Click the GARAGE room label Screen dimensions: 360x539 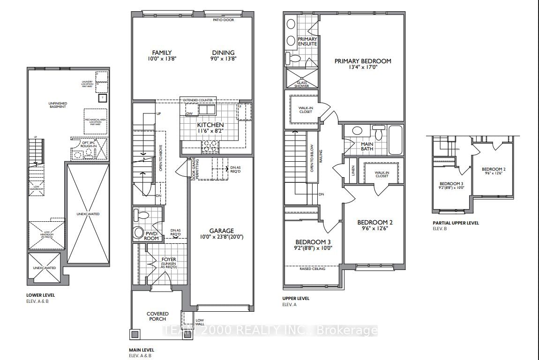(222, 231)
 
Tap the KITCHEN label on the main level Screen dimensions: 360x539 (210, 125)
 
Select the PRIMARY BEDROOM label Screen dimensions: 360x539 (362, 61)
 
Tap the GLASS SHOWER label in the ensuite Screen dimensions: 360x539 (301, 84)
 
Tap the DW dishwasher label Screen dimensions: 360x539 (189, 113)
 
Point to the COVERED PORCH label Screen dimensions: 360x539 (157, 316)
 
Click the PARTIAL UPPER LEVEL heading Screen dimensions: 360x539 (456, 223)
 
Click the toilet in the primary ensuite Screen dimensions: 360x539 (293, 59)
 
